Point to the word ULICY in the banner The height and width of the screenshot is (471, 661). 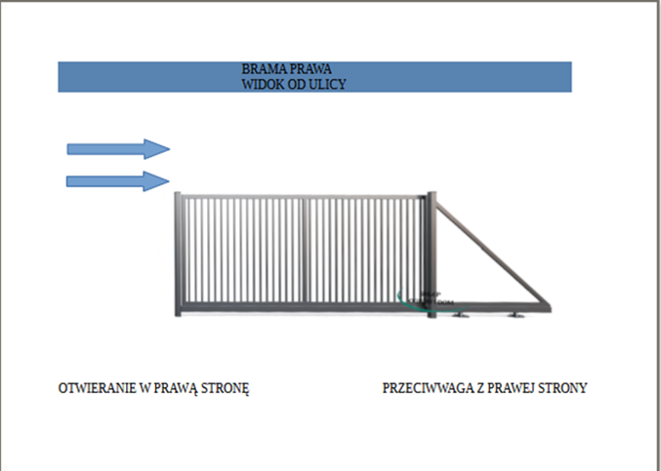point(329,85)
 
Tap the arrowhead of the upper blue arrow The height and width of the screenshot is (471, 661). point(157,148)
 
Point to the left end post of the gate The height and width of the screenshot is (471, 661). point(177,255)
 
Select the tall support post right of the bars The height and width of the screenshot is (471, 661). point(430,254)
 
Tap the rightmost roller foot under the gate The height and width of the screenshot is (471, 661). point(515,317)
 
